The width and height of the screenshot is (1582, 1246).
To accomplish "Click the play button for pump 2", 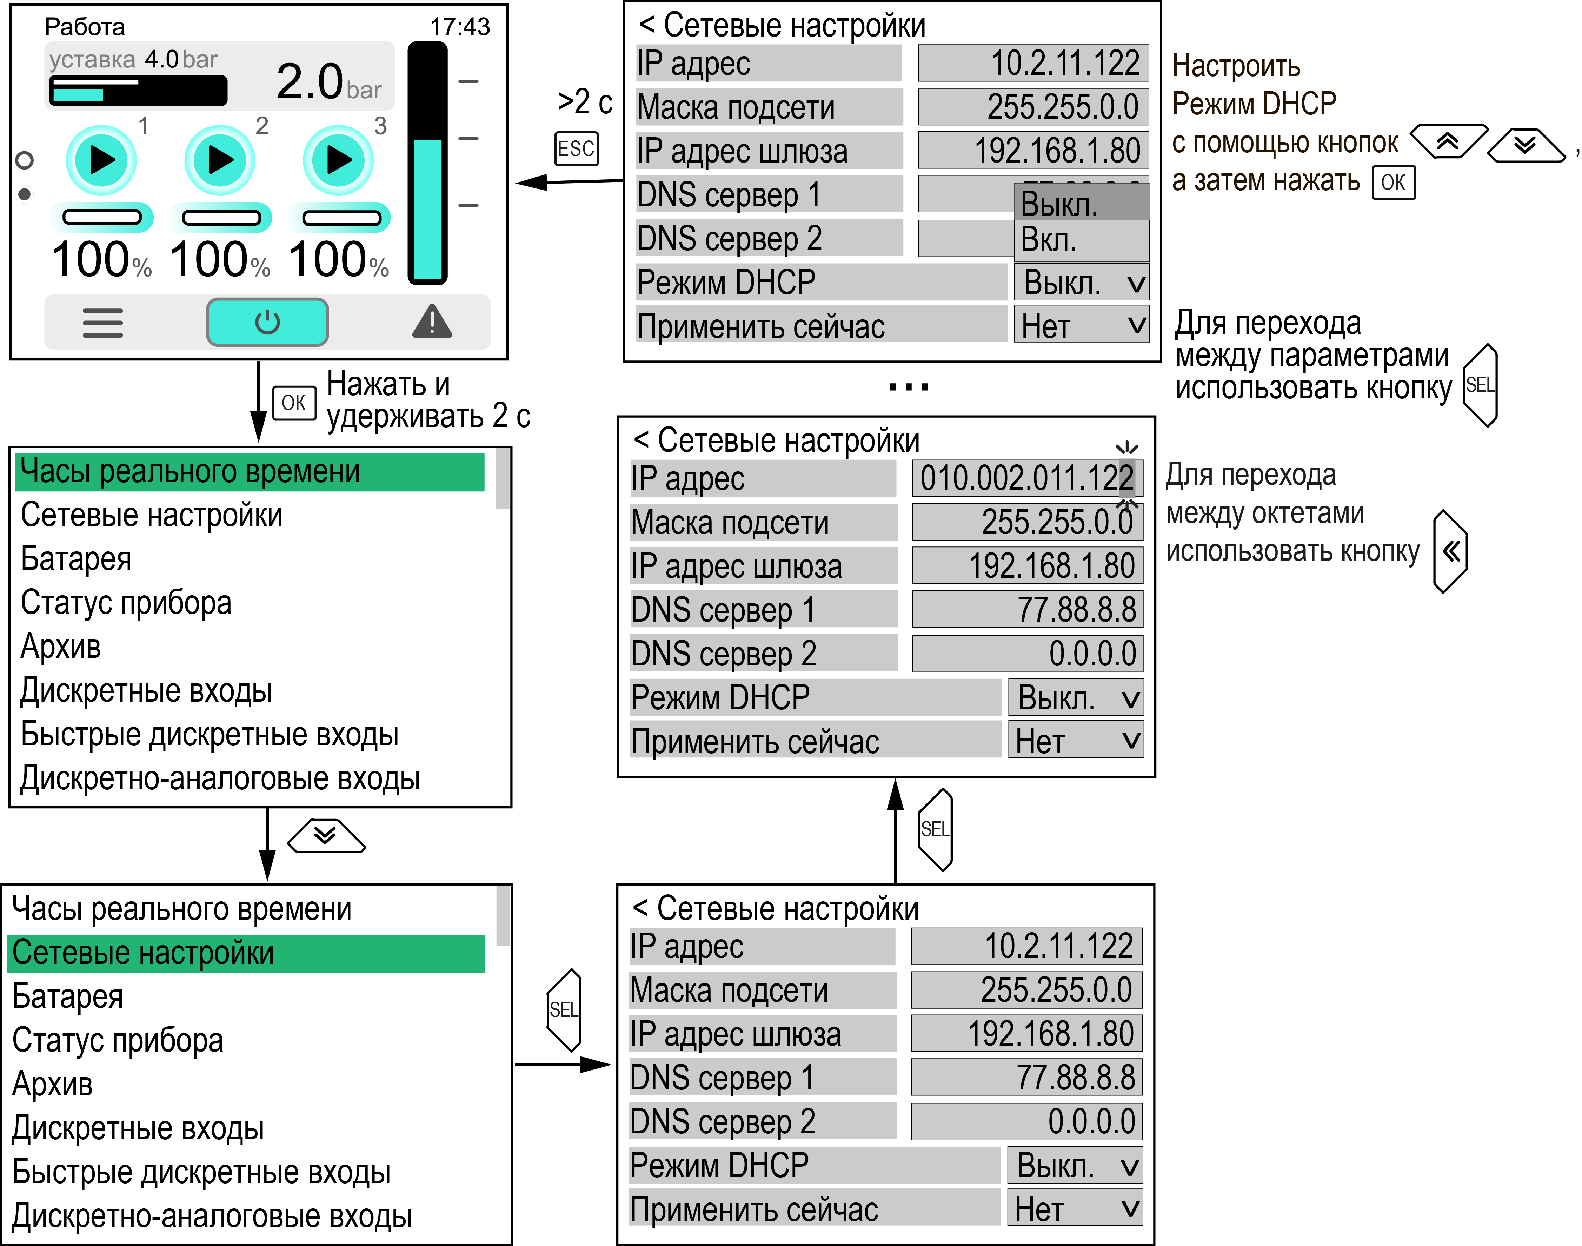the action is click(220, 160).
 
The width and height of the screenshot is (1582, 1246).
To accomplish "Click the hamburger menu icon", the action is click(103, 323).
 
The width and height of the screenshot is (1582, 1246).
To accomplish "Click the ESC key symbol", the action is click(576, 149).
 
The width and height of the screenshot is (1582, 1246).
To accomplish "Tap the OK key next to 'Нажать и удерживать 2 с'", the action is click(294, 403).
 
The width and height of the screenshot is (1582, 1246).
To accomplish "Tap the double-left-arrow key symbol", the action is click(1450, 551).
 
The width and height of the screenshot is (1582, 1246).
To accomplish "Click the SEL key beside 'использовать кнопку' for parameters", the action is click(1480, 385).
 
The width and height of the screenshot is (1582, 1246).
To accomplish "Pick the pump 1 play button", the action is click(101, 160).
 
